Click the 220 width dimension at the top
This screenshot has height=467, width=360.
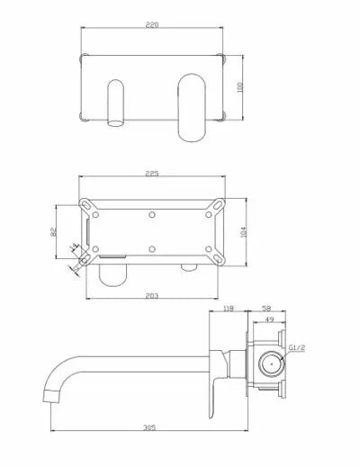pyautogui.click(x=154, y=28)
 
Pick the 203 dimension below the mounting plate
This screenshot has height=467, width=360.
pyautogui.click(x=153, y=294)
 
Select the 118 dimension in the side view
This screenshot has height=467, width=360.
pyautogui.click(x=228, y=309)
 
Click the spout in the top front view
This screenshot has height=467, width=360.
pyautogui.click(x=116, y=103)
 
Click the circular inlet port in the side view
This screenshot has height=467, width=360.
pyautogui.click(x=269, y=365)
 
